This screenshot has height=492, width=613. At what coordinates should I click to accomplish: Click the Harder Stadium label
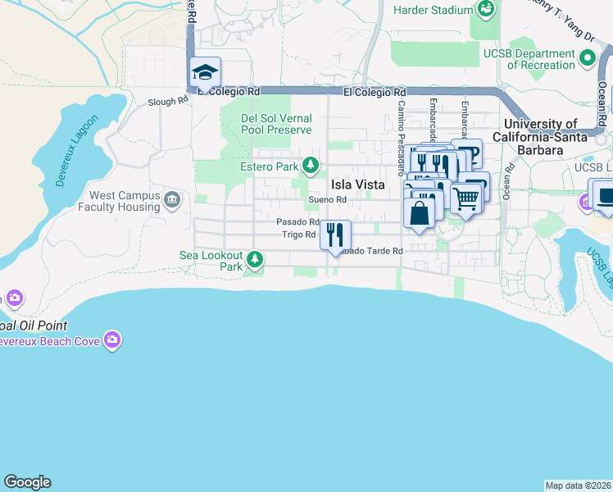pyautogui.click(x=434, y=10)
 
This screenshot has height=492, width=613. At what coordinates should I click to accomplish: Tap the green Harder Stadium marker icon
pyautogui.click(x=487, y=10)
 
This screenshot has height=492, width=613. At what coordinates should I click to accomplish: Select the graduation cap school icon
pyautogui.click(x=205, y=72)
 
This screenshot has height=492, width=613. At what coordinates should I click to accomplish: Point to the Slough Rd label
pyautogui.click(x=168, y=101)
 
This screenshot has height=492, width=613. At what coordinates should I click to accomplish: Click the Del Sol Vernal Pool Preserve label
pyautogui.click(x=276, y=124)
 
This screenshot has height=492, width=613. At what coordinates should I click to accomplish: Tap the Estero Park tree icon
pyautogui.click(x=311, y=166)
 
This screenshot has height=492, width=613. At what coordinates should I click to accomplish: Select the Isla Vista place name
pyautogui.click(x=357, y=184)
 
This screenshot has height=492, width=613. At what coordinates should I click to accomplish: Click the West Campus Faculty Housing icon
pyautogui.click(x=172, y=201)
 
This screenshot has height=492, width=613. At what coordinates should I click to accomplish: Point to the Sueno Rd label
pyautogui.click(x=328, y=199)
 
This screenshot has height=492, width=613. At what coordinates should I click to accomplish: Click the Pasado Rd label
pyautogui.click(x=297, y=221)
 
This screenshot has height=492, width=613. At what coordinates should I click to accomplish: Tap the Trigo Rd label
pyautogui.click(x=299, y=235)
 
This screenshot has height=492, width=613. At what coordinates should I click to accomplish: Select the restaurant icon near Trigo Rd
pyautogui.click(x=334, y=235)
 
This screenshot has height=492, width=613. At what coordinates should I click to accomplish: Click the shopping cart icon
pyautogui.click(x=465, y=198)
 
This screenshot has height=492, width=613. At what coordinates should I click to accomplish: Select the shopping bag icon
pyautogui.click(x=419, y=212)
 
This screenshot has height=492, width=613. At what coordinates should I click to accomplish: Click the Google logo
pyautogui.click(x=27, y=482)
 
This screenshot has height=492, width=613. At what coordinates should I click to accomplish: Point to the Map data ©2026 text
pyautogui.click(x=579, y=485)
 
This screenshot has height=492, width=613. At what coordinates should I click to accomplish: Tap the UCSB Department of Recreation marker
pyautogui.click(x=588, y=59)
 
